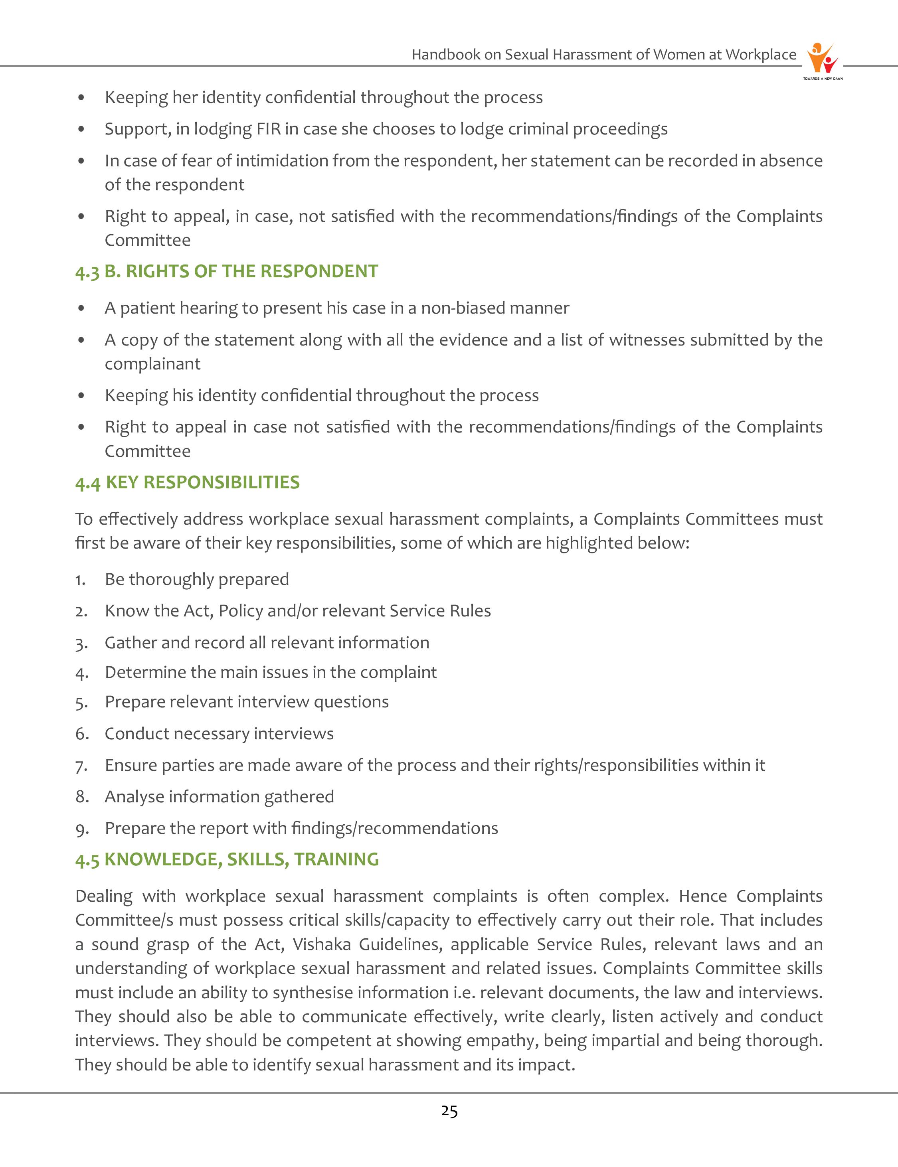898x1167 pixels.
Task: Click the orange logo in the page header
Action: [822, 59]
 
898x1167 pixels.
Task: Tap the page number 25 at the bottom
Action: [449, 1112]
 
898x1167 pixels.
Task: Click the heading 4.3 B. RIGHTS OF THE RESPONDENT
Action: [226, 271]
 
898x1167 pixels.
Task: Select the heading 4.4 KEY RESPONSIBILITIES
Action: [187, 482]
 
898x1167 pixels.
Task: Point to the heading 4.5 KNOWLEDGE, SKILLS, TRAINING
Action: [227, 859]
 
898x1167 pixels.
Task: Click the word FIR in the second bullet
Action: [270, 129]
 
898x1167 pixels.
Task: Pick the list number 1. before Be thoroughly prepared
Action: [80, 580]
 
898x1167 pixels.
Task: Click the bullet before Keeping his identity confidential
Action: [81, 396]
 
